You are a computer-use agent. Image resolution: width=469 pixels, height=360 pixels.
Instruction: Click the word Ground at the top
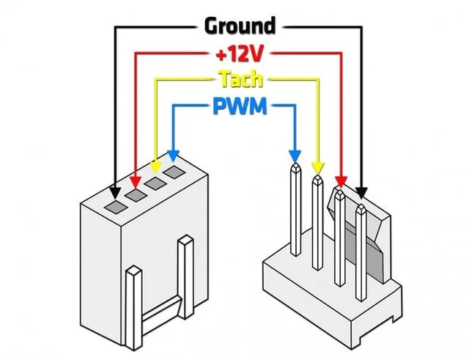(x=240, y=26)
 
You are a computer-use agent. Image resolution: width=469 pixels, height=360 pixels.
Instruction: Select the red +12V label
(x=239, y=53)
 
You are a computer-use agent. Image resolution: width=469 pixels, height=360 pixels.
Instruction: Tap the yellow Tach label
(x=240, y=79)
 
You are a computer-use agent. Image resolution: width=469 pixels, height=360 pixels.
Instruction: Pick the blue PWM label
(x=239, y=107)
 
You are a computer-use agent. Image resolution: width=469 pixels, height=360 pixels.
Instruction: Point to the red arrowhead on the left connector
(x=135, y=180)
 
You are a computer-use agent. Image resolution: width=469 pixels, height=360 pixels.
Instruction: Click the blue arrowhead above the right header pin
(x=295, y=157)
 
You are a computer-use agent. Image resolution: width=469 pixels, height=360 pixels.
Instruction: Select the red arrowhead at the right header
(x=340, y=180)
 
